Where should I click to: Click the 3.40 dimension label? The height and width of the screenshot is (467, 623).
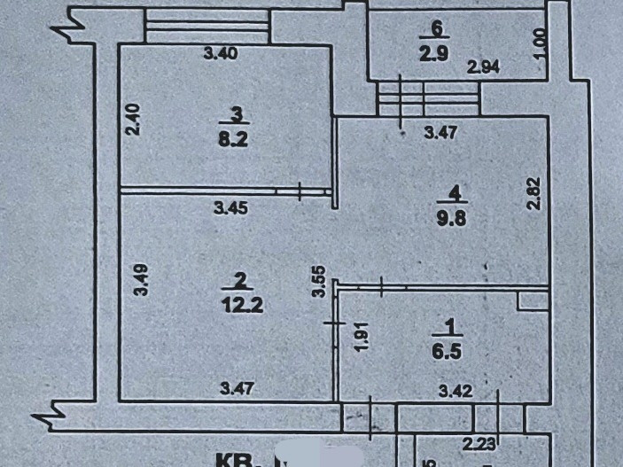pos(221,53)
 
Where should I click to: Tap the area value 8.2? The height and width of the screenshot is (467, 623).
pos(235,138)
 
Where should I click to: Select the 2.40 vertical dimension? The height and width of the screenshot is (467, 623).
pos(133,120)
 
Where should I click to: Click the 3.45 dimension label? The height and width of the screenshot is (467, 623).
pos(230,208)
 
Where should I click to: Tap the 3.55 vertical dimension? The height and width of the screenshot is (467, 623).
pos(323,283)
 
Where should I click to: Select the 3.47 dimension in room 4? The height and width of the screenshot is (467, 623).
pos(440,134)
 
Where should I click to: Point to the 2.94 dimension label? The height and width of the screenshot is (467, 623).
pos(485,66)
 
